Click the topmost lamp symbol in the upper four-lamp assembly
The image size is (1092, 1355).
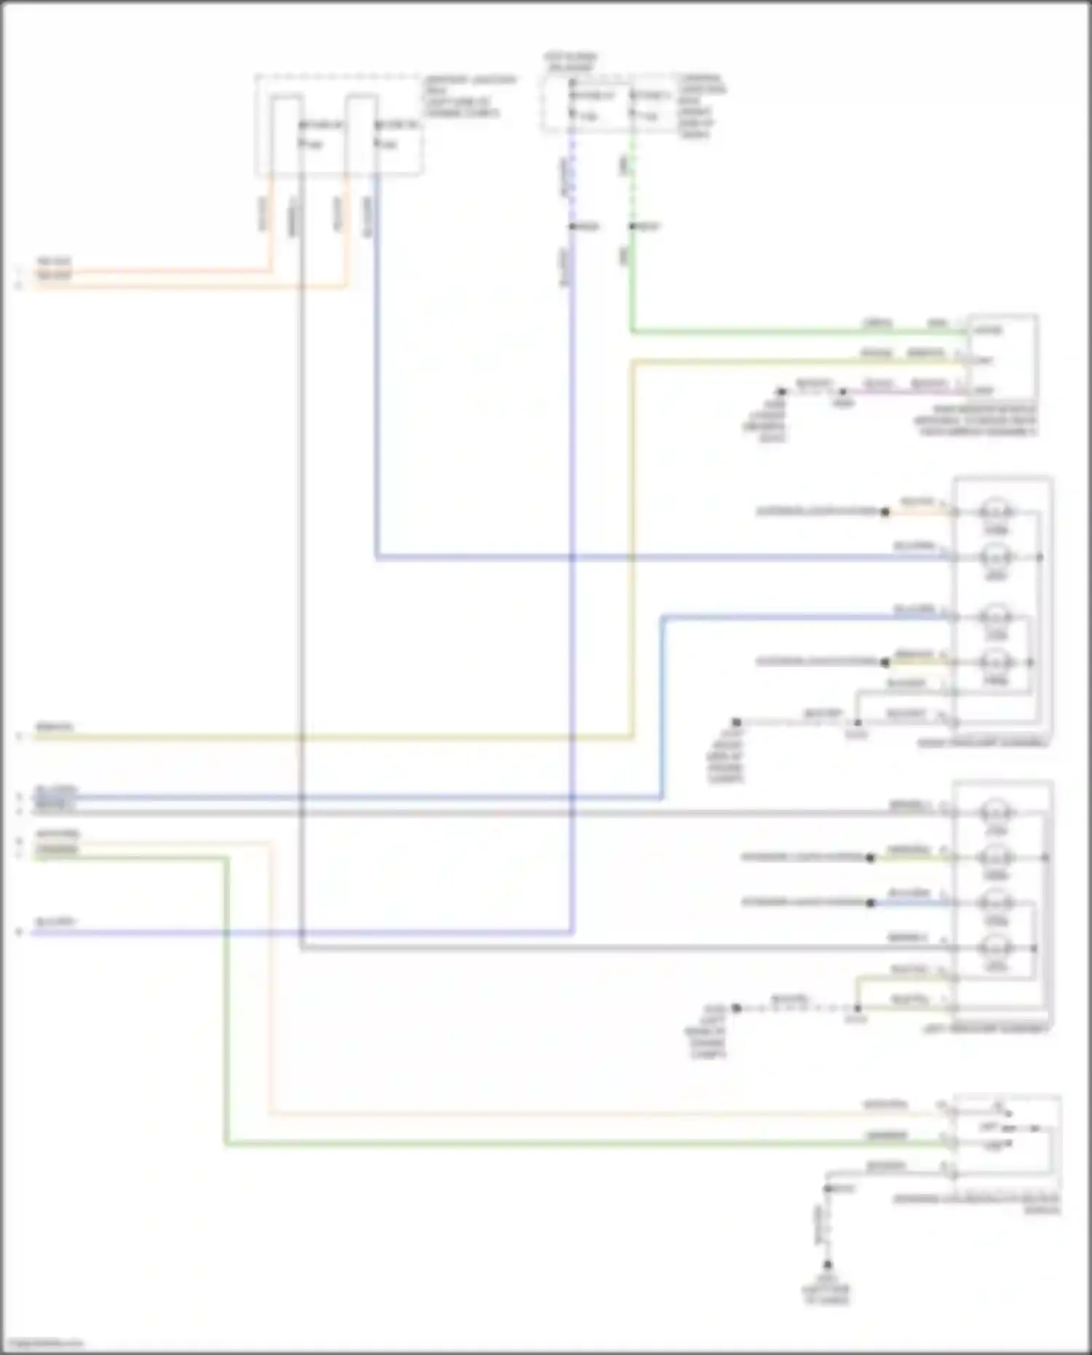click(996, 510)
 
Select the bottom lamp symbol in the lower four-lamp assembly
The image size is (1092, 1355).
click(996, 948)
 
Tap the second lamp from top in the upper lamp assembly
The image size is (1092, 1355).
click(996, 557)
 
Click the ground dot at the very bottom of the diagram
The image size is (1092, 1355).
click(827, 1265)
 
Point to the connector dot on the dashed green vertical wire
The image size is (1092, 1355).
click(632, 227)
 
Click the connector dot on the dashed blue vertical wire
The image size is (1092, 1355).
click(572, 227)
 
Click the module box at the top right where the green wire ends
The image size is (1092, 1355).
click(1002, 355)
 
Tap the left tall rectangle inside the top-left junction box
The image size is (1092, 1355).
click(287, 135)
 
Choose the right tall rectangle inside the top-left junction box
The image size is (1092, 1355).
click(360, 135)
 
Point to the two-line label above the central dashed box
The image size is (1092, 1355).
click(571, 62)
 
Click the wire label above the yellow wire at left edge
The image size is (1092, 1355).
click(55, 727)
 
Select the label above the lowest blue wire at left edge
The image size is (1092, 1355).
click(55, 923)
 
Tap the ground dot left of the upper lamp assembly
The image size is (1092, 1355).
click(737, 722)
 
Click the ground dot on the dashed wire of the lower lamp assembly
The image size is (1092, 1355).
click(737, 1008)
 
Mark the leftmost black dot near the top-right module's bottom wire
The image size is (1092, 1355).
click(781, 392)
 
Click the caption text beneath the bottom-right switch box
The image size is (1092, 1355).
click(976, 1203)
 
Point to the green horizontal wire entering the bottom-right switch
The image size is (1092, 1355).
click(582, 1145)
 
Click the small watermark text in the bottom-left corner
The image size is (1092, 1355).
click(42, 1344)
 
